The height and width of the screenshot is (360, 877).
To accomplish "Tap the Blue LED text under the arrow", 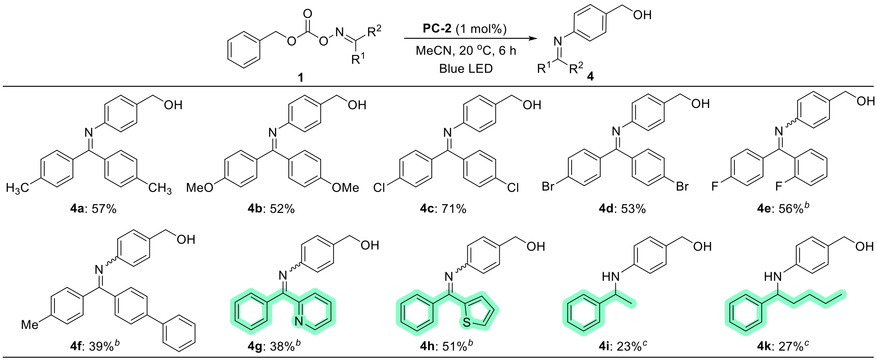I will pyautogui.click(x=465, y=69).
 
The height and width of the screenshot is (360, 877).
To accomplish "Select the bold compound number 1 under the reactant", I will pyautogui.click(x=301, y=78).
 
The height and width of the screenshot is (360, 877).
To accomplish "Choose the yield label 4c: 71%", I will pyautogui.click(x=443, y=209).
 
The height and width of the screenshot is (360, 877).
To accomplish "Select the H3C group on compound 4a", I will pyautogui.click(x=18, y=188).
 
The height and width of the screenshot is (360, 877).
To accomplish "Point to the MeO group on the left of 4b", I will pyautogui.click(x=200, y=188).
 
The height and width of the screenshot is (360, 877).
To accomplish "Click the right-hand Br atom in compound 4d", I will pyautogui.click(x=682, y=186).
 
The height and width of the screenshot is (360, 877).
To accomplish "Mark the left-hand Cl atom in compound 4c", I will pyautogui.click(x=379, y=188).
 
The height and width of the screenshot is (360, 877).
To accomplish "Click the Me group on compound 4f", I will pyautogui.click(x=30, y=325).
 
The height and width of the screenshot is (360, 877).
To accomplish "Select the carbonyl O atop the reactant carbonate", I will pyautogui.click(x=308, y=13).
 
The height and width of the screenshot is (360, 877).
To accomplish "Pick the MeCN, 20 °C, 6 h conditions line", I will pyautogui.click(x=465, y=51).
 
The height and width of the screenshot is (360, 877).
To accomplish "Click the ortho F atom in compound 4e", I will pyautogui.click(x=779, y=186).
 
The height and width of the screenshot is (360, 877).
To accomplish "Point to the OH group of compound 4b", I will pyautogui.click(x=357, y=105).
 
